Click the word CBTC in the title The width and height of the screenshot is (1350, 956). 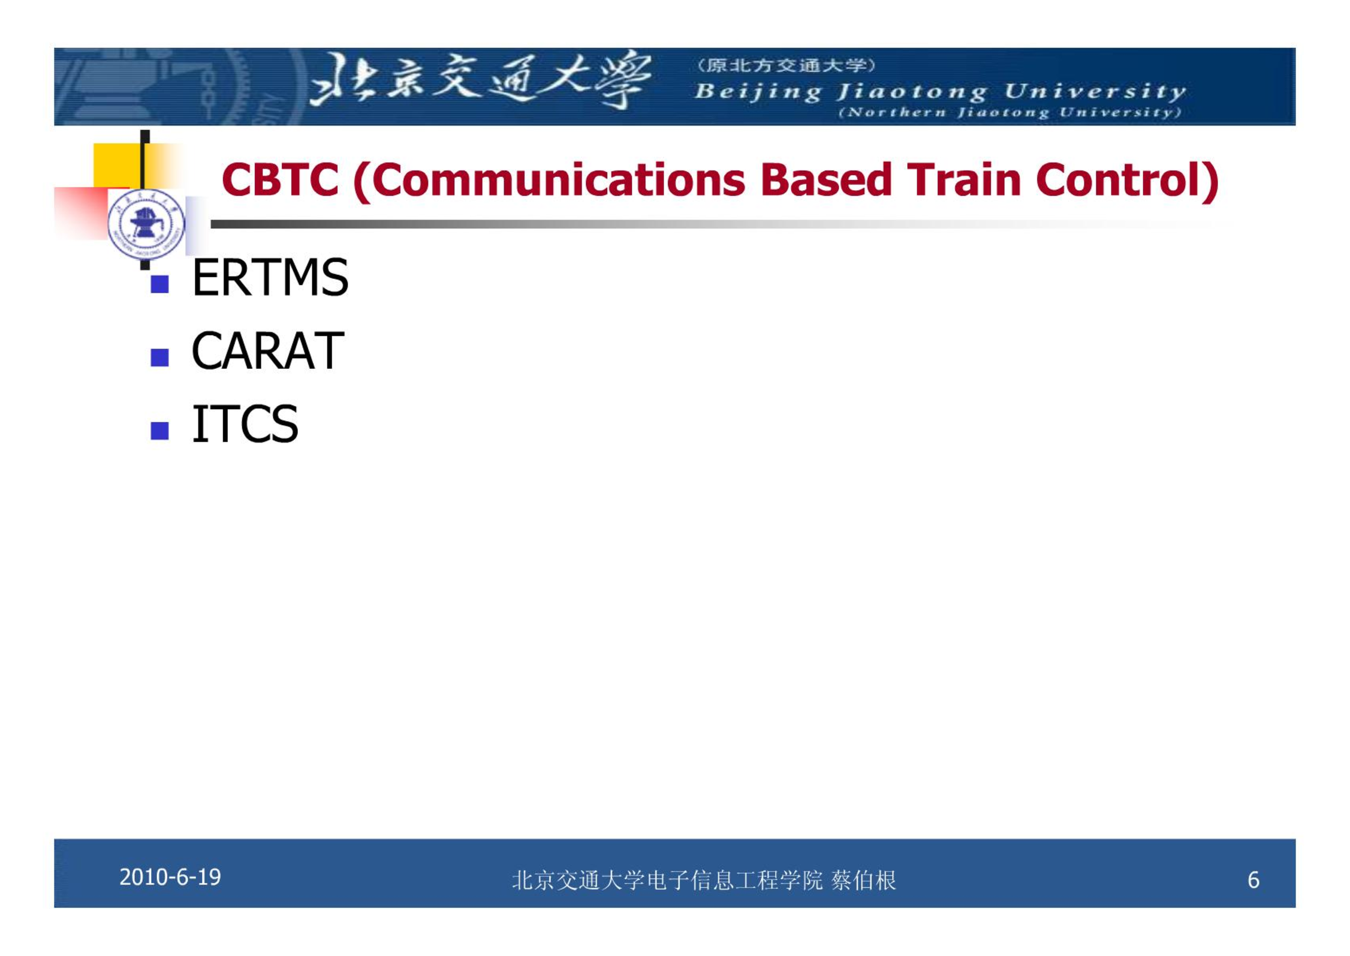[280, 179]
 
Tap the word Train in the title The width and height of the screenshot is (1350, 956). [963, 179]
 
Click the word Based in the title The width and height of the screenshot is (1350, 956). [826, 179]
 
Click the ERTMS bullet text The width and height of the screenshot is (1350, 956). [270, 278]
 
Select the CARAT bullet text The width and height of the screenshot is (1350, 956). [267, 351]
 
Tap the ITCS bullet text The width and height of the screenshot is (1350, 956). [245, 424]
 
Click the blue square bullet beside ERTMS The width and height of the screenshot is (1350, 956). [159, 284]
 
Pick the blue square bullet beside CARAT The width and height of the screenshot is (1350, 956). [159, 357]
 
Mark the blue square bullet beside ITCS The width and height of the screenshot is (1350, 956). [159, 431]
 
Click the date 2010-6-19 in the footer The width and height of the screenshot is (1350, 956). [170, 877]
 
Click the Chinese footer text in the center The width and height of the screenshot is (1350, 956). [704, 880]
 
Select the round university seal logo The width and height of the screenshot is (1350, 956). [146, 224]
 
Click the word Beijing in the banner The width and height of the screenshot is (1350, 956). [758, 92]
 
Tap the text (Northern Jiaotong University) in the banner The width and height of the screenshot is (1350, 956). [1010, 113]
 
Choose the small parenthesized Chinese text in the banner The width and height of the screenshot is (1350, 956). [786, 65]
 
